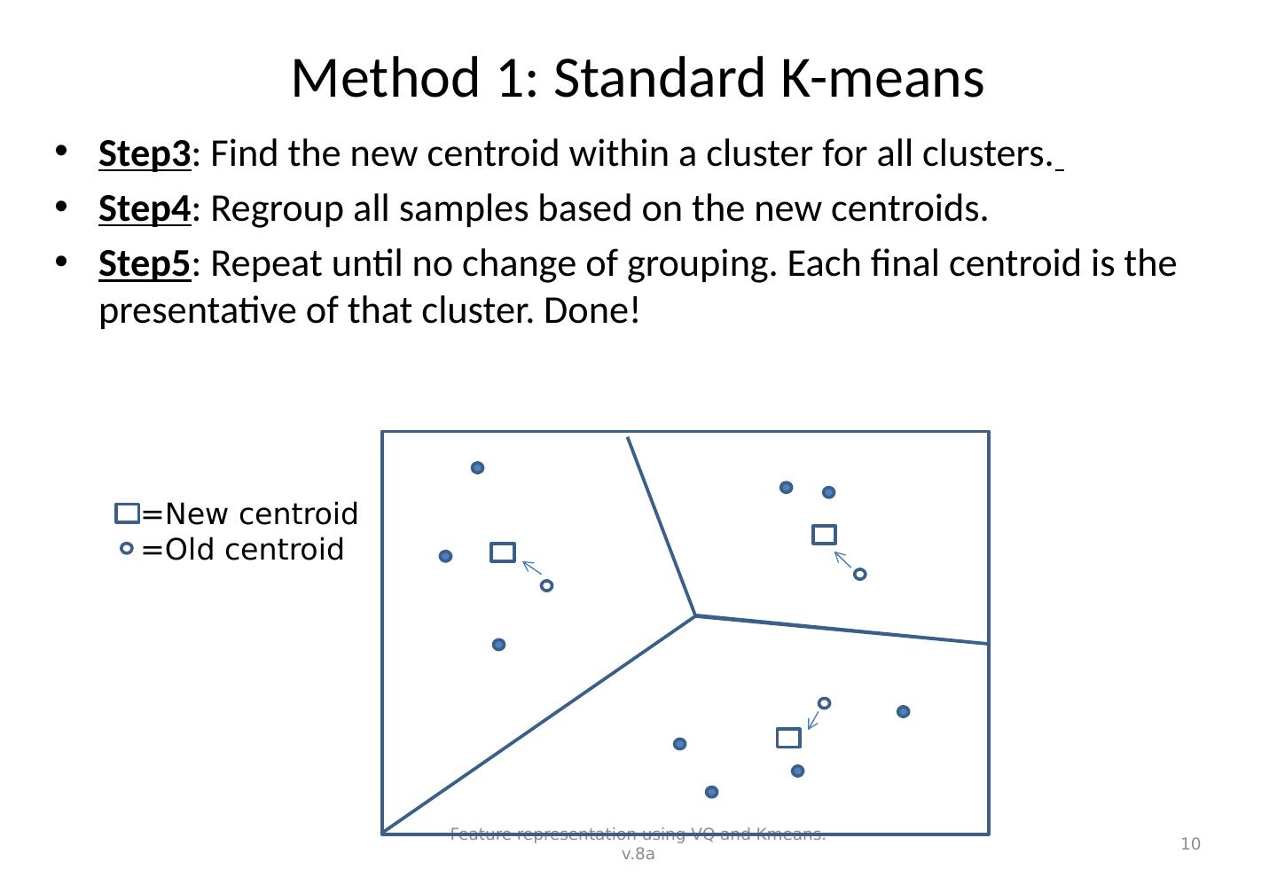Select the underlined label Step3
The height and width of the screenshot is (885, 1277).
145,155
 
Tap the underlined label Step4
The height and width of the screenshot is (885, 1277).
145,210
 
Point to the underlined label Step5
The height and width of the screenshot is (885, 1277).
145,265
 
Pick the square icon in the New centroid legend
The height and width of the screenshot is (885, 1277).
128,513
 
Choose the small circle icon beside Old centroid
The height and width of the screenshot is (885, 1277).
127,550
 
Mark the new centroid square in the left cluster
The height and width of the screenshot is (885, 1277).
503,552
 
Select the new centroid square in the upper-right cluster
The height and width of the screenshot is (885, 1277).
824,534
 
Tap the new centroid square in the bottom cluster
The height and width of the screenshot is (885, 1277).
788,738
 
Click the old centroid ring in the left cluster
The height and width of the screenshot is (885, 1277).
546,585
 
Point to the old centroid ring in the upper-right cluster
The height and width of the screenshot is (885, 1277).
859,575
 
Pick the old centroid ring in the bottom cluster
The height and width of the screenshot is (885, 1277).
824,703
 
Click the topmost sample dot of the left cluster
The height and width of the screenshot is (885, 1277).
477,467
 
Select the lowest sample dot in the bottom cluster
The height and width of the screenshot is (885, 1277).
711,791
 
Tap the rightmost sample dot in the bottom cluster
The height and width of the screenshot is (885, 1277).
903,711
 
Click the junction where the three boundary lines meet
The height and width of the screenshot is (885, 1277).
695,615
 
